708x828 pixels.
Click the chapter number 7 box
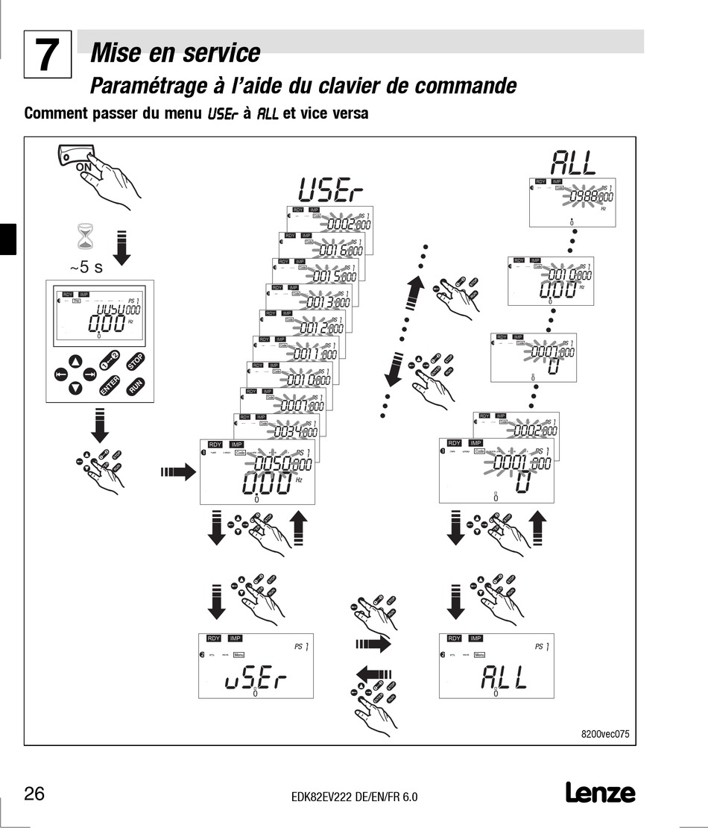(x=48, y=54)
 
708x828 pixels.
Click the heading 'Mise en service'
(x=175, y=54)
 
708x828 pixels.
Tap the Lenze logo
(x=600, y=792)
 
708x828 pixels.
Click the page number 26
(x=34, y=793)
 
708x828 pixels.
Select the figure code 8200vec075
(x=604, y=733)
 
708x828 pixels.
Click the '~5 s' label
(x=86, y=267)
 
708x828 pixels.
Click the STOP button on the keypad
(x=135, y=361)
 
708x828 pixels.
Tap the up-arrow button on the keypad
(x=76, y=363)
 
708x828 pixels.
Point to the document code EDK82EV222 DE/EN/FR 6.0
(x=354, y=797)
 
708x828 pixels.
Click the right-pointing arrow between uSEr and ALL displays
(x=373, y=643)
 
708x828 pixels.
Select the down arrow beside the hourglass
(x=122, y=248)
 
